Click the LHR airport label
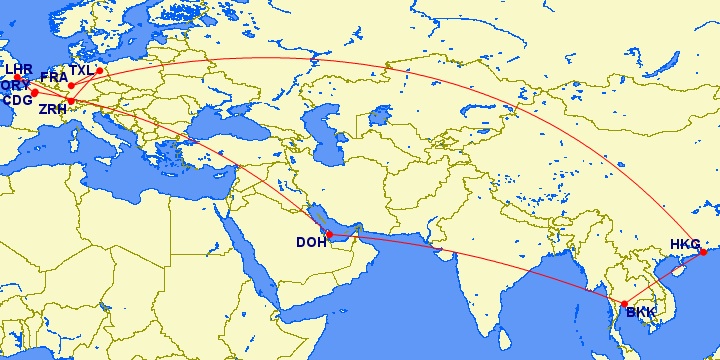19,69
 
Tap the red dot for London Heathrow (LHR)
17,78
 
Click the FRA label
54,76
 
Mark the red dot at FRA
71,85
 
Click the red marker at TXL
99,71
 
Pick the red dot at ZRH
70,101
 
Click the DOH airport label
310,242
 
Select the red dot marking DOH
329,235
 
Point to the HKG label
685,243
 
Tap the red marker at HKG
702,252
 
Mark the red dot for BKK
624,304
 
